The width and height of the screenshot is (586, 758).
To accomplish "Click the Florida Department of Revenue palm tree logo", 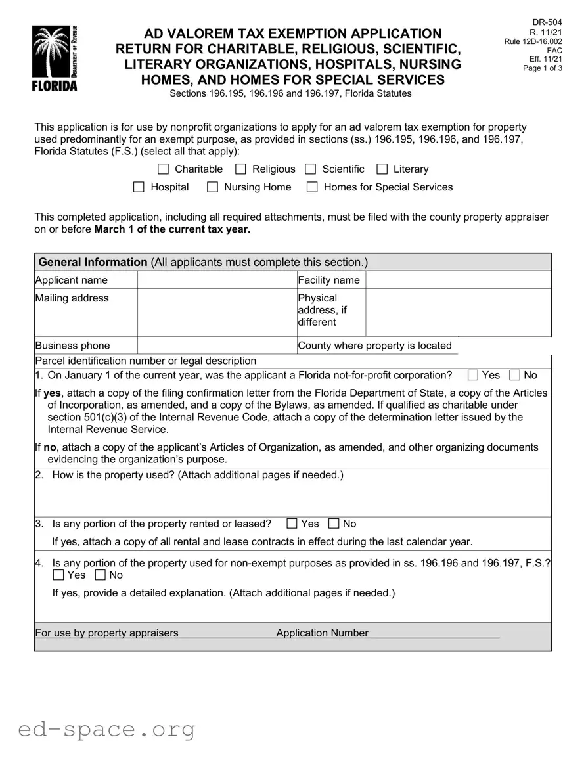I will [x=55, y=58].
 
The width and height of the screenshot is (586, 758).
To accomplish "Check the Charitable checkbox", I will [x=164, y=169].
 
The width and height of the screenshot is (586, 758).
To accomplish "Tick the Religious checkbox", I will [x=241, y=169].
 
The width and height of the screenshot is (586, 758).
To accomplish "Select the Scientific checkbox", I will [x=311, y=169].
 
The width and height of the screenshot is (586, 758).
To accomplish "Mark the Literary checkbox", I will [x=382, y=169].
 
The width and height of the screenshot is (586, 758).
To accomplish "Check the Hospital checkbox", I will [x=139, y=187].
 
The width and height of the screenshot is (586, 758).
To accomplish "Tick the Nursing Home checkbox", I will [x=213, y=187].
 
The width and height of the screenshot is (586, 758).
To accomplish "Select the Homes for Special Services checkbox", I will [x=313, y=187].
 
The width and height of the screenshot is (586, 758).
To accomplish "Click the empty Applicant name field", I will [x=217, y=280].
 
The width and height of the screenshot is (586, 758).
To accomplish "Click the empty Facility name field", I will [x=458, y=280].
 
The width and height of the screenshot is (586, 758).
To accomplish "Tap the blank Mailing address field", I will [x=217, y=312].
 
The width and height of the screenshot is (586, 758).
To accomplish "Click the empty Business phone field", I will [x=217, y=346].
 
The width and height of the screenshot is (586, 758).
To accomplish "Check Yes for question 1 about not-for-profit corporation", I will [x=473, y=376].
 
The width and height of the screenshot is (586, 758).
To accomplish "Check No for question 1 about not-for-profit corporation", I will [x=515, y=376].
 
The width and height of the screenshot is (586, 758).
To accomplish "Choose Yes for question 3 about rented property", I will [x=292, y=524].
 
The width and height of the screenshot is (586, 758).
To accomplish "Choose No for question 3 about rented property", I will [x=334, y=524].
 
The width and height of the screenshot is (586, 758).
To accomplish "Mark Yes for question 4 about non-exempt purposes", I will [x=58, y=575].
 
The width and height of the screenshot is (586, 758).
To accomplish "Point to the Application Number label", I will [x=322, y=633].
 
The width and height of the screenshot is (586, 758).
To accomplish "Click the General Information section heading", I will [x=93, y=262].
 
